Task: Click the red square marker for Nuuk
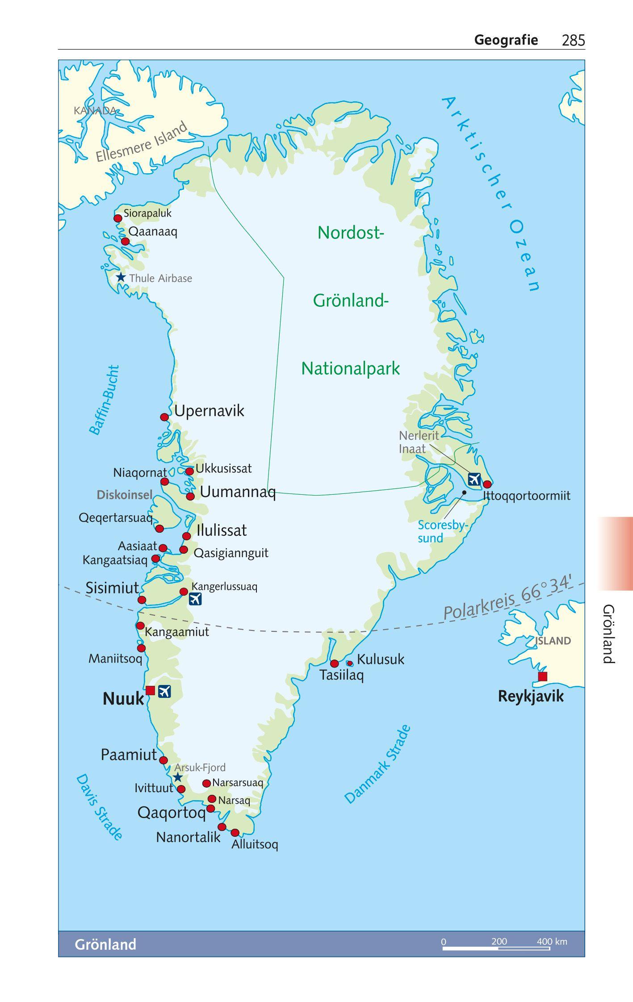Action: point(150,690)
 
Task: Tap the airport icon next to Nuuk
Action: point(164,691)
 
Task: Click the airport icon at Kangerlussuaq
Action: point(195,599)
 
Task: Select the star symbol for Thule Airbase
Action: point(121,277)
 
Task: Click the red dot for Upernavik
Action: point(164,417)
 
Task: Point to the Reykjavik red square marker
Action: point(542,676)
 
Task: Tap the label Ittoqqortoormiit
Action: point(526,496)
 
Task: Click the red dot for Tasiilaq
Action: point(334,663)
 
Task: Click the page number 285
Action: point(573,41)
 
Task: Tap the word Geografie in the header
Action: point(506,40)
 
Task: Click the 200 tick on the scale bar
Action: point(499,942)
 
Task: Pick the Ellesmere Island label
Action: point(142,142)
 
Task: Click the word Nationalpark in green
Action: point(351,369)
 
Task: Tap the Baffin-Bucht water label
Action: point(105,400)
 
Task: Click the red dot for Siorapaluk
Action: point(117,218)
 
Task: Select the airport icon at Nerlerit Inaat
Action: point(474,479)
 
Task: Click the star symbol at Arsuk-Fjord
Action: point(178,777)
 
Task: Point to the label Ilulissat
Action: point(222,530)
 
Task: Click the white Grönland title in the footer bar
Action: point(105,944)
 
